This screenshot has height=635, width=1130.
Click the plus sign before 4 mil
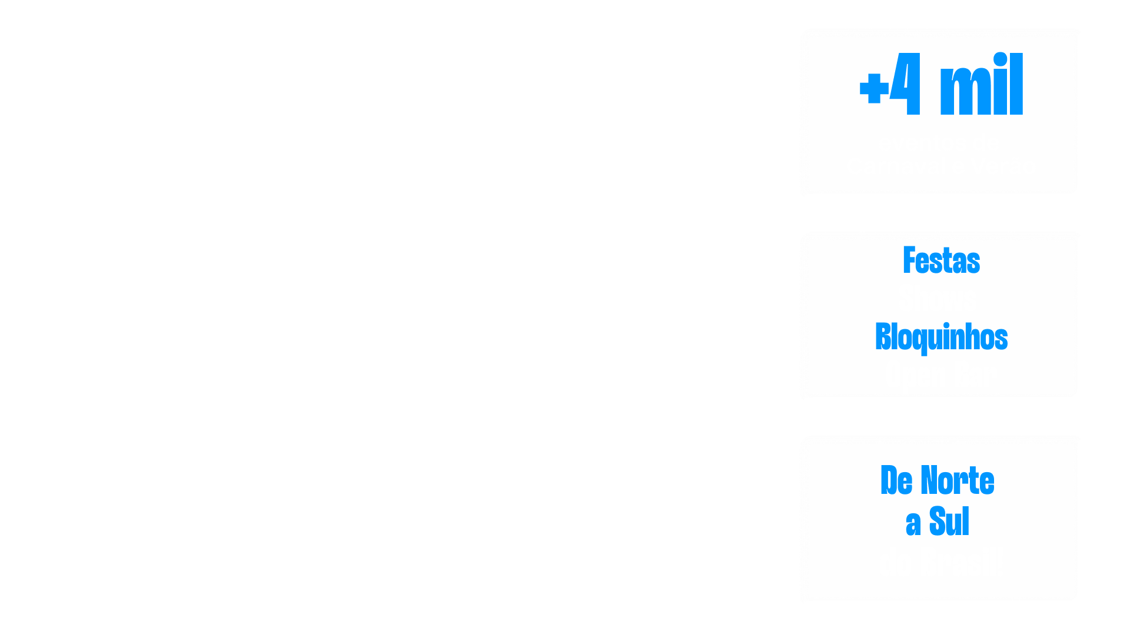click(874, 89)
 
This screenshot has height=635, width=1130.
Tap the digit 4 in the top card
click(906, 84)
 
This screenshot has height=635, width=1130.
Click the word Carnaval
click(896, 166)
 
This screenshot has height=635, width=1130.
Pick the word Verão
click(1003, 166)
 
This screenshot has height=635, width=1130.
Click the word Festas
click(941, 260)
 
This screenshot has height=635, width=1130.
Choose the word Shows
click(938, 299)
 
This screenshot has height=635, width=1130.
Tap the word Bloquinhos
click(941, 337)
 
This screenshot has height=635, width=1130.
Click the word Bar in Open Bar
click(975, 375)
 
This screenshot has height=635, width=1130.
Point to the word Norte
click(958, 480)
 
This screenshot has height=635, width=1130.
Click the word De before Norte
click(896, 480)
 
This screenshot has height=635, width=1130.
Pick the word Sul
click(949, 521)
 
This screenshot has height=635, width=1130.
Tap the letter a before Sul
click(913, 523)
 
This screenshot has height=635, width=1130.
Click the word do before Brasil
click(895, 563)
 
